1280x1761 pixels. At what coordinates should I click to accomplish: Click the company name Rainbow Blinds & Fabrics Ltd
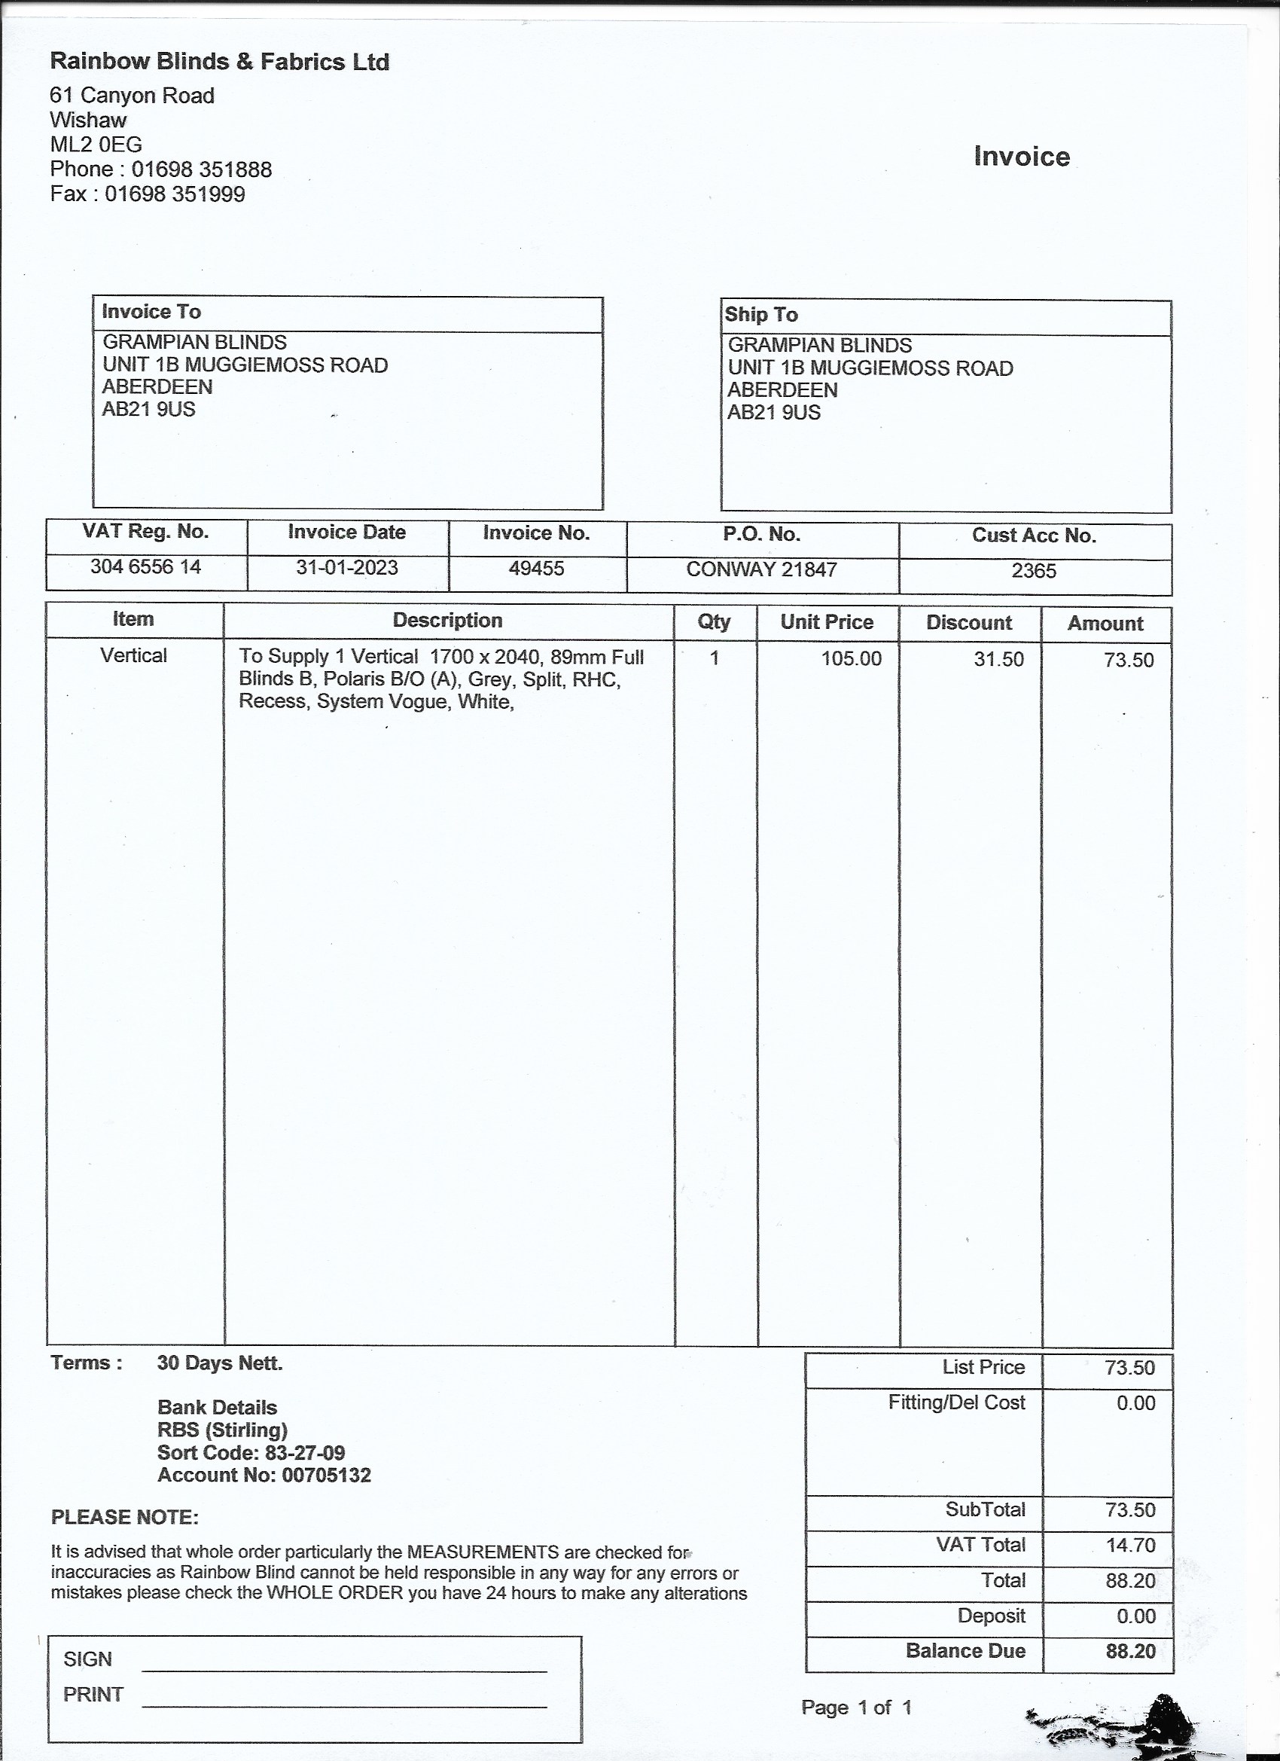pyautogui.click(x=219, y=61)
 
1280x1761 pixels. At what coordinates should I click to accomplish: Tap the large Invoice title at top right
pyautogui.click(x=1022, y=157)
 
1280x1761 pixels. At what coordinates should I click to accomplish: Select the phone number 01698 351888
pyautogui.click(x=201, y=169)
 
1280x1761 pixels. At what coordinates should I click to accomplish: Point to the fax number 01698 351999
pyautogui.click(x=175, y=194)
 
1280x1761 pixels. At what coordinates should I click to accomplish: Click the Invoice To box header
pyautogui.click(x=151, y=312)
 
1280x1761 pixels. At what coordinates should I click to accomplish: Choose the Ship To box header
pyautogui.click(x=760, y=315)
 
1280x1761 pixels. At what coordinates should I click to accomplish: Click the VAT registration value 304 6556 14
pyautogui.click(x=145, y=567)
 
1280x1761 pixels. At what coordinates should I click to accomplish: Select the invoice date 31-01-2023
pyautogui.click(x=346, y=568)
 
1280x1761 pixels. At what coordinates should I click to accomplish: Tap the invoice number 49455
pyautogui.click(x=536, y=569)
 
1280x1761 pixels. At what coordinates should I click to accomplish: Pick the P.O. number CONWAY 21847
pyautogui.click(x=761, y=570)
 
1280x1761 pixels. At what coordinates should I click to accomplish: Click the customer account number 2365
pyautogui.click(x=1034, y=572)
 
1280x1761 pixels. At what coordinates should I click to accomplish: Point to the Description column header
pyautogui.click(x=447, y=621)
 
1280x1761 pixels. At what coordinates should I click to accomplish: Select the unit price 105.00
pyautogui.click(x=852, y=659)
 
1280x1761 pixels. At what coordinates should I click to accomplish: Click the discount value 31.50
pyautogui.click(x=998, y=660)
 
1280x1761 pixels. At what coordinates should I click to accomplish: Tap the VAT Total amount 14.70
pyautogui.click(x=1130, y=1545)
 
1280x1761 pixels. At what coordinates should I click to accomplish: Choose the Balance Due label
pyautogui.click(x=965, y=1651)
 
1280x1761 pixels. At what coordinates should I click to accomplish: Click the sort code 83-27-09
pyautogui.click(x=299, y=1453)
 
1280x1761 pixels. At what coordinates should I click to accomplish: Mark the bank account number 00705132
pyautogui.click(x=326, y=1476)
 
